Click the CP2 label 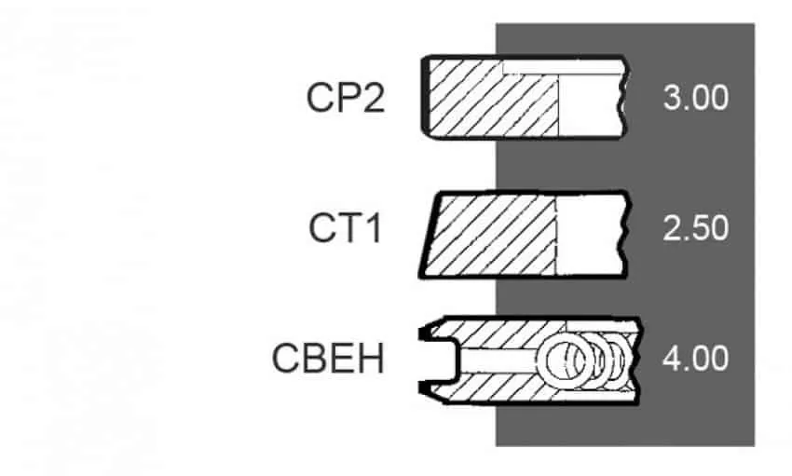click(x=346, y=98)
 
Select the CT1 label click(x=345, y=228)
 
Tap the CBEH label click(x=328, y=359)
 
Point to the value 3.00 click(x=695, y=98)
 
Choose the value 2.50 click(x=695, y=228)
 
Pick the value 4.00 click(x=695, y=359)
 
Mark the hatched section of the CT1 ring click(x=491, y=236)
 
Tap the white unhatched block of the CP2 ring click(x=590, y=105)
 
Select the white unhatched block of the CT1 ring click(x=590, y=236)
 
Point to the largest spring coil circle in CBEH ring click(x=566, y=360)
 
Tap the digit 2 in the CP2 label click(x=374, y=98)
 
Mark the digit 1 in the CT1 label click(x=374, y=228)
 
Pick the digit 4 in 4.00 click(x=673, y=359)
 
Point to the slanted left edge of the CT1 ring click(x=430, y=236)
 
